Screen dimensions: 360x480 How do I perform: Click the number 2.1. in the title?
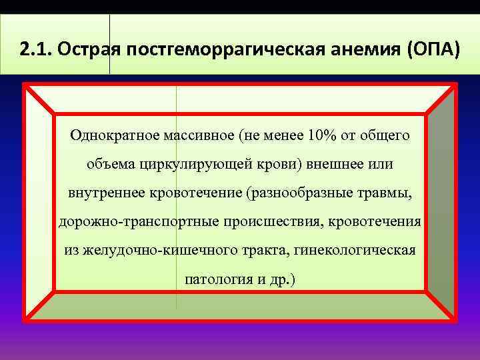pos(33,49)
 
